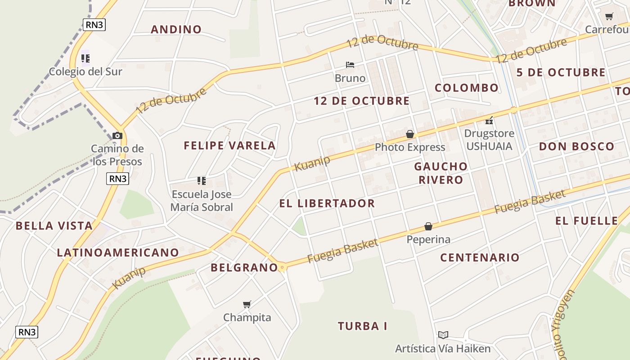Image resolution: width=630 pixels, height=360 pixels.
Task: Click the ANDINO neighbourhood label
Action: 176,30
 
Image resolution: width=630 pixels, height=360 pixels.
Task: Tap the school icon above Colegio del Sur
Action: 85,58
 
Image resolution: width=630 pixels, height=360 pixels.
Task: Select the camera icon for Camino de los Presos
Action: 117,135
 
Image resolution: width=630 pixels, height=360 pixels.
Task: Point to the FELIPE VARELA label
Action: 229,145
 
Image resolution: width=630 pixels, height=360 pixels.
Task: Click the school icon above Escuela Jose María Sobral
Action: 202,181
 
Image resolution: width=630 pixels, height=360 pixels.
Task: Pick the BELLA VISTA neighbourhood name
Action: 54,226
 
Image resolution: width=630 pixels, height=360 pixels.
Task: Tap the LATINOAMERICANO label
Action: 118,253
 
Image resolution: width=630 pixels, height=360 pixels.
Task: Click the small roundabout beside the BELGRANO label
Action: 282,268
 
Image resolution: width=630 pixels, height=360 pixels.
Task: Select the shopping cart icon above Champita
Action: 247,305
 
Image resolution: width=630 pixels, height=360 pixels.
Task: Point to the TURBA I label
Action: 362,326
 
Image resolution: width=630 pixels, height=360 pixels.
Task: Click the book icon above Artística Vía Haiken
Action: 443,335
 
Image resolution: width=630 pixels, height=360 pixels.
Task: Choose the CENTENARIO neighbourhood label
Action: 480,258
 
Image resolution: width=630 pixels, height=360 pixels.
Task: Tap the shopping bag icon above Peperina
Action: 428,226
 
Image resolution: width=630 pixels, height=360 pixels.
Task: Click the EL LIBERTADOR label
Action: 327,203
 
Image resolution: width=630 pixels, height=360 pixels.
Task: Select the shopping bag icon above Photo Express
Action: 410,134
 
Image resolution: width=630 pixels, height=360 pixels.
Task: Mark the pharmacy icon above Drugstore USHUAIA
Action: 489,121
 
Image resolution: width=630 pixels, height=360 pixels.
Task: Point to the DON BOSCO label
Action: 576,146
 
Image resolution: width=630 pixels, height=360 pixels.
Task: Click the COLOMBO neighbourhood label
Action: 467,88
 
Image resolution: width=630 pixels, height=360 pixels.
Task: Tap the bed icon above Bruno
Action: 350,65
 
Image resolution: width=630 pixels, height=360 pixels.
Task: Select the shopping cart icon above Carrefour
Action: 609,17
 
